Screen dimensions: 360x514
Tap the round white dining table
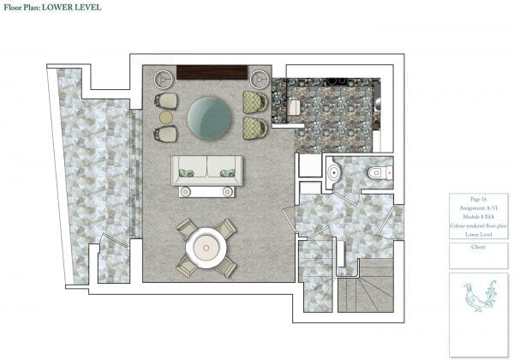[206, 246]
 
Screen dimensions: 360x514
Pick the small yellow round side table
[166, 117]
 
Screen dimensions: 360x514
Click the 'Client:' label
[467, 247]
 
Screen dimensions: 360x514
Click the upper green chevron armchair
[254, 102]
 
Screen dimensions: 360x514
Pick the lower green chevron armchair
[254, 129]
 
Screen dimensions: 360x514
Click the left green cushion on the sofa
[188, 173]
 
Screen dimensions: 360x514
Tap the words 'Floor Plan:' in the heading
[26, 8]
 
